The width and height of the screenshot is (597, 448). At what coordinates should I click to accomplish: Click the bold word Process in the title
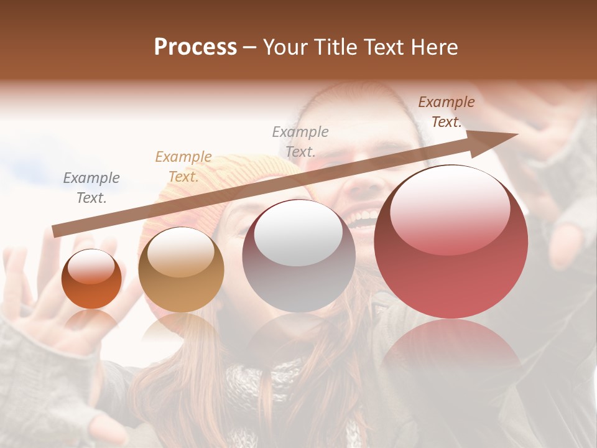(x=195, y=47)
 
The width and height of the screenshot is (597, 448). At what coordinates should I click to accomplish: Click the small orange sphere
(x=92, y=279)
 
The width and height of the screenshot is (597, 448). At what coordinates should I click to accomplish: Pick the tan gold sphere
(x=181, y=269)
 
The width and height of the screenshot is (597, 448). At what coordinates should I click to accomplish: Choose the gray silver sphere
(x=298, y=256)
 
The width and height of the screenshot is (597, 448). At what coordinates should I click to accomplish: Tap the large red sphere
(x=451, y=242)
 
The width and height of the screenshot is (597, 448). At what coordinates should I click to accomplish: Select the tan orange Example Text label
(x=183, y=167)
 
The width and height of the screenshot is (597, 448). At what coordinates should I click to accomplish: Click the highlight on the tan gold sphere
(x=180, y=251)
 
